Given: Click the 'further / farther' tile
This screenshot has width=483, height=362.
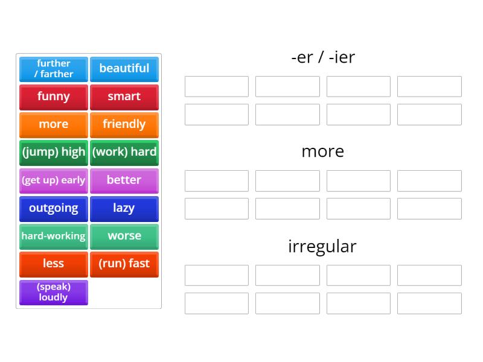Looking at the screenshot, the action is pos(54,69).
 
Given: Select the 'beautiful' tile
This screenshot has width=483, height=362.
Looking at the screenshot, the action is pos(124,69).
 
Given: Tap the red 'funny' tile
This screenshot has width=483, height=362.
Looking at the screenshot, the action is pos(54,97).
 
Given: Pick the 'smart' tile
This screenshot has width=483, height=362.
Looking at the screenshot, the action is pos(124,97).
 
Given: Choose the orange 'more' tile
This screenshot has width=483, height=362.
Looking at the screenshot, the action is pos(54,124).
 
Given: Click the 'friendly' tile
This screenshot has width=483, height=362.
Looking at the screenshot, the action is pos(124,124).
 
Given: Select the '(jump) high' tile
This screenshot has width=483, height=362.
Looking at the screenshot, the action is pos(54,152).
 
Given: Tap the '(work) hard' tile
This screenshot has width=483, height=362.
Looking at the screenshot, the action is pos(124,152).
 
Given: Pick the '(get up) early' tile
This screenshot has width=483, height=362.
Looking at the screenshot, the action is pos(54,180).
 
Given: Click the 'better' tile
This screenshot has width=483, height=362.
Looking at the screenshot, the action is pos(124,180).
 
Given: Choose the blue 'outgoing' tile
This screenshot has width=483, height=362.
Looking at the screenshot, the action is pos(54,208).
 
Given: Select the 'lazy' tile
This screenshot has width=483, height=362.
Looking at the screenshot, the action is pos(124,208).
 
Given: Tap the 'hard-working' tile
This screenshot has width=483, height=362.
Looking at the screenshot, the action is pos(54,236).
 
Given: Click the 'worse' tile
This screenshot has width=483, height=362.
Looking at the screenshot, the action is pos(124,236).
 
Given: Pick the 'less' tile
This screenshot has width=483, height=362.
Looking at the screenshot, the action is pos(54,264).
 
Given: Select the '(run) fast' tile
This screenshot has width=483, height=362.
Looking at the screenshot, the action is pos(124,264).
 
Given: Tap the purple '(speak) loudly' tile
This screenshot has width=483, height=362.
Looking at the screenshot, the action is pos(54,292).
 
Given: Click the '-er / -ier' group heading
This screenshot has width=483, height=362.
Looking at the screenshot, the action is pos(322,57).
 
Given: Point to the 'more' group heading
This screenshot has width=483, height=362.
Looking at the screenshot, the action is pos(322,151).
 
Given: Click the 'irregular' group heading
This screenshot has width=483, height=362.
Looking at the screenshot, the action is pos(322,246).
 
